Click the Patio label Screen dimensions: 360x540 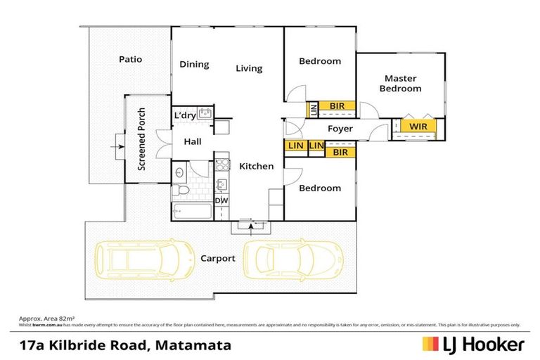pos(130,59)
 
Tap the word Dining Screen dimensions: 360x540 pos(194,65)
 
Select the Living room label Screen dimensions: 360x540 pos(249,68)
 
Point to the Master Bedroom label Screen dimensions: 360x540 pos(400,84)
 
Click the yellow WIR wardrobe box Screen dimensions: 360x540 pos(418,127)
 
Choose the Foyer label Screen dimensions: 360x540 pos(340,129)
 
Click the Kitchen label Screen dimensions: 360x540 pos(256,167)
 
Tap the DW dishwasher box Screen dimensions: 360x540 pos(221,201)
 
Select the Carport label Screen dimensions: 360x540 pos(217,258)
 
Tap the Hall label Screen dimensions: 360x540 pos(192,141)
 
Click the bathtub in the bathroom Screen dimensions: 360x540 pos(190,211)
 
